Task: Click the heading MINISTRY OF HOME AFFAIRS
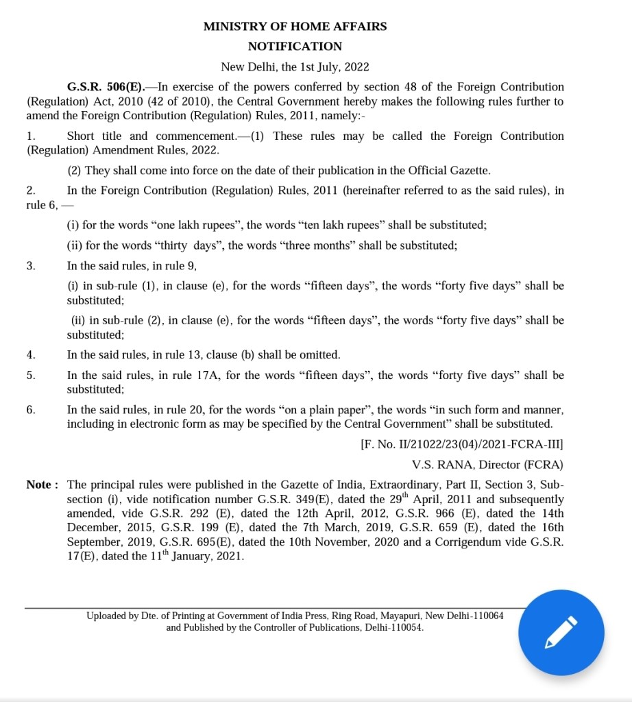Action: click(295, 27)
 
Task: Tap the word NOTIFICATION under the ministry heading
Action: click(295, 47)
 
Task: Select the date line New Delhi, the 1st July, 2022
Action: click(295, 66)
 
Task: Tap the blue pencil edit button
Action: click(561, 632)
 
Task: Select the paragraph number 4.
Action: click(31, 355)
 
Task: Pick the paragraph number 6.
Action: click(31, 410)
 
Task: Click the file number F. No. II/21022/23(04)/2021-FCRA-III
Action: click(462, 444)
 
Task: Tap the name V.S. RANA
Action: click(443, 465)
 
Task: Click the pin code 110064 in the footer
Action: click(485, 616)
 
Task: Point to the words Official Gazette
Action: click(450, 171)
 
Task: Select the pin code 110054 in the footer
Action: click(405, 627)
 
